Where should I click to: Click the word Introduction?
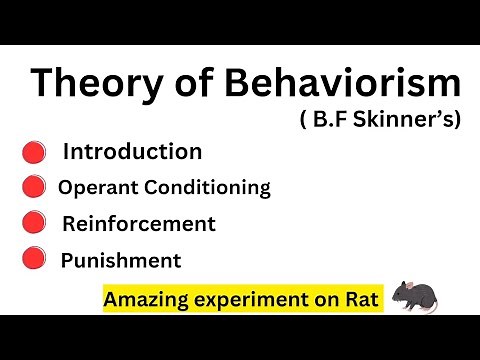click(x=132, y=152)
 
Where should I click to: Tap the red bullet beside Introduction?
click(x=34, y=153)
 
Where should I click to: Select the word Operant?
click(x=99, y=186)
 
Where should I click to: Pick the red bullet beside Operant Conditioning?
click(x=34, y=187)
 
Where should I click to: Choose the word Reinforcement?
click(x=138, y=223)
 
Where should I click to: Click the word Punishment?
click(x=121, y=261)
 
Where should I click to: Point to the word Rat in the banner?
click(x=364, y=299)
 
